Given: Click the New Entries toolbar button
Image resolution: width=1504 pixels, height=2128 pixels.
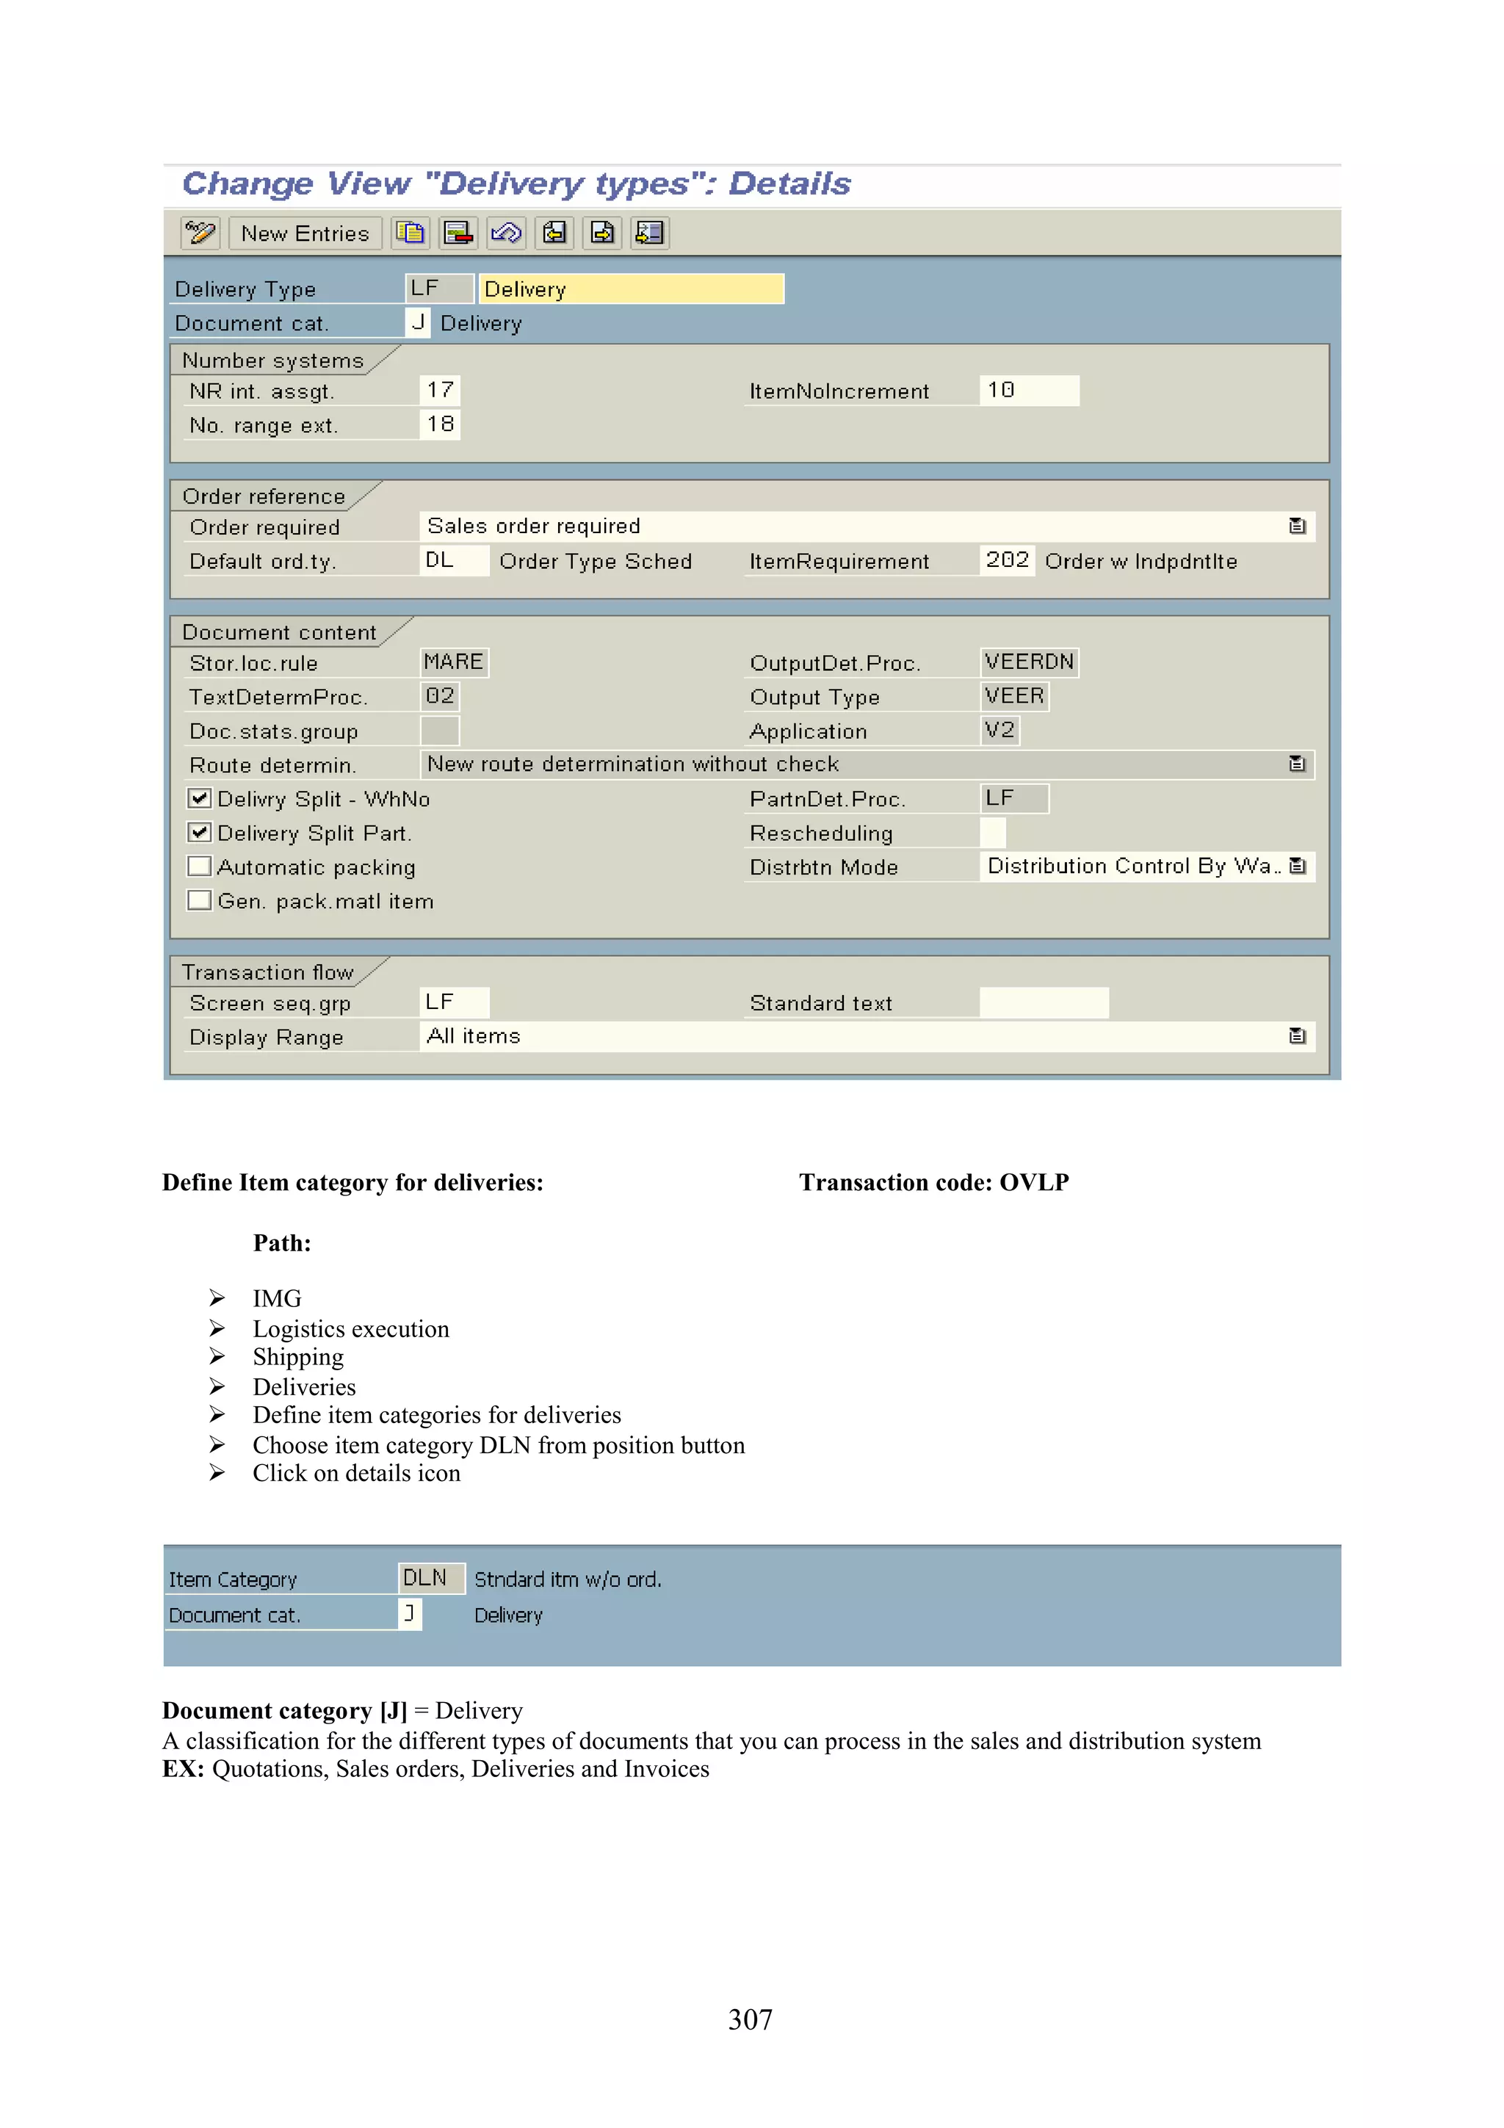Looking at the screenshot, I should (x=305, y=234).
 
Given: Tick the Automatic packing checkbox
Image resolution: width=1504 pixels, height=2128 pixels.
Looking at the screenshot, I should (x=199, y=866).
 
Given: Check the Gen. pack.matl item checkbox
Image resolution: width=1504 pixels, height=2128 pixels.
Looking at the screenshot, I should (x=199, y=901).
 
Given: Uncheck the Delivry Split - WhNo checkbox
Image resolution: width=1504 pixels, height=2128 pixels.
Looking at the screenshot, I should (x=199, y=798).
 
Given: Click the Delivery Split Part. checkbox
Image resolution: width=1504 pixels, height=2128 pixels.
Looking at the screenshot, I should (x=199, y=832).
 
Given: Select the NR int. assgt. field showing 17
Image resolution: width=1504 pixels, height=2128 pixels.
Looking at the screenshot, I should (x=440, y=390).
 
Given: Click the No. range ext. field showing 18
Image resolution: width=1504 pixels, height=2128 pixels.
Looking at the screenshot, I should (x=440, y=424).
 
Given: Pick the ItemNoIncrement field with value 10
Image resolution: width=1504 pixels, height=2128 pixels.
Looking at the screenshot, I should (x=1029, y=390).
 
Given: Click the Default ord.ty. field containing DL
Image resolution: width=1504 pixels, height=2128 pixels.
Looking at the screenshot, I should (x=453, y=561).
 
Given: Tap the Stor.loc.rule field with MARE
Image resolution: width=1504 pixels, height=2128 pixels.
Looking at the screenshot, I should (x=453, y=662).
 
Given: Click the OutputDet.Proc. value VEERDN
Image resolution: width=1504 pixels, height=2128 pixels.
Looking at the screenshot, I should (x=1029, y=662).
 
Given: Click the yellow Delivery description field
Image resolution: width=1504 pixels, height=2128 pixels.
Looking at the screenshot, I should (x=630, y=289).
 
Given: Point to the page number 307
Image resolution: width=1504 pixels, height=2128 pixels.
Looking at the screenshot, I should (x=751, y=2019).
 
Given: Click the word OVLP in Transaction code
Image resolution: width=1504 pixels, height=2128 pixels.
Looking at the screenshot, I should (x=1034, y=1183).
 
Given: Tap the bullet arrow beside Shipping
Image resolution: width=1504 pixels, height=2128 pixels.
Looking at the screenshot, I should (x=217, y=1357).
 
